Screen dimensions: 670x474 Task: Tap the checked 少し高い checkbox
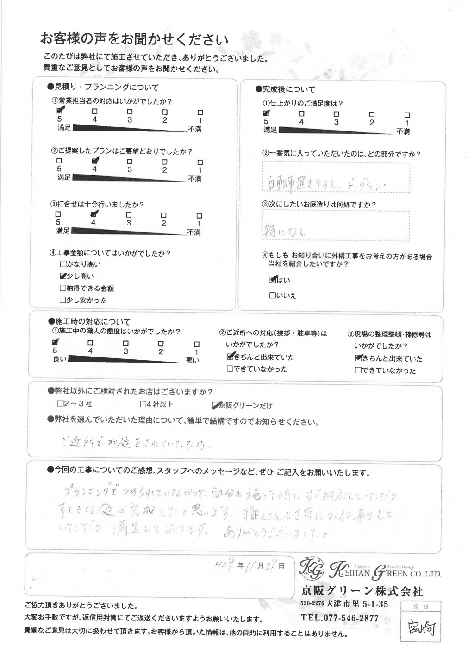coord(63,276)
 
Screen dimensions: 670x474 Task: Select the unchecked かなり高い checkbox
coord(63,264)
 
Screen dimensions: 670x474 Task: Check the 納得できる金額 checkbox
coord(63,288)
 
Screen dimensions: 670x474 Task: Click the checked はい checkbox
coord(273,280)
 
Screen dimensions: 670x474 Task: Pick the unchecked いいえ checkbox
coord(272,295)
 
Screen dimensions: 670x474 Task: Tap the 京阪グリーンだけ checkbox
coord(215,406)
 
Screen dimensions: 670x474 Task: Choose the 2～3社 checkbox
coord(61,404)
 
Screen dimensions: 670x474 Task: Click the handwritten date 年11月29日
coord(249,566)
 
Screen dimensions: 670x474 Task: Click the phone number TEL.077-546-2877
coord(339,618)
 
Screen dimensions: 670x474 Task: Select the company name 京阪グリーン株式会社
coord(362,591)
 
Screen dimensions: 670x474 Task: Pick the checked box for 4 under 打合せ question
coord(94,214)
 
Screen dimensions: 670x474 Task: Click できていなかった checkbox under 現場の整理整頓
coord(358,370)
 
